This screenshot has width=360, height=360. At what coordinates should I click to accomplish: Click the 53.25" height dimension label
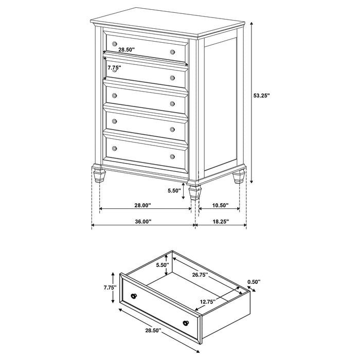(262, 95)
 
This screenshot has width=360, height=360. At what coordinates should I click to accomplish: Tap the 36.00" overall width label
(142, 222)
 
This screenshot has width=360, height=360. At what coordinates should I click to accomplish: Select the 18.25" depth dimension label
(220, 222)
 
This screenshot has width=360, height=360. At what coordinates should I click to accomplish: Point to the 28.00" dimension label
(142, 205)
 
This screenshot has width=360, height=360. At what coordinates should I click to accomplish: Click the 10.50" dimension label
(220, 205)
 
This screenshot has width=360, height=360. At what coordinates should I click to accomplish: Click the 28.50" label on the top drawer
(126, 50)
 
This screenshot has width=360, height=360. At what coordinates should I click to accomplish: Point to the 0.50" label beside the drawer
(254, 281)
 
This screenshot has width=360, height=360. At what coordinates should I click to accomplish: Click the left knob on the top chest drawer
(114, 43)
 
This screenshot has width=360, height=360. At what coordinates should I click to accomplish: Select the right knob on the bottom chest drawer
(172, 156)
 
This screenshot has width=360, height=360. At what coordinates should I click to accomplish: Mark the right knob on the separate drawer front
(186, 322)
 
